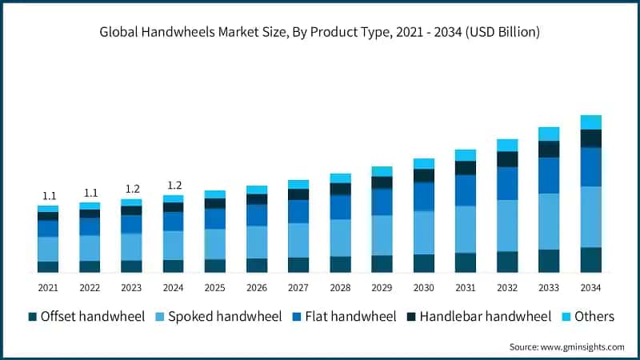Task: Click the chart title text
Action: [320, 33]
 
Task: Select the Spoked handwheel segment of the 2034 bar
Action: [591, 217]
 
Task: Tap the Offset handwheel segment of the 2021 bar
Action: [48, 266]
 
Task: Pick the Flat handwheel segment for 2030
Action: [424, 196]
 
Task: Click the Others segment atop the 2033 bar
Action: [549, 134]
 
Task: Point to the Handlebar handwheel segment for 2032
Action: [507, 159]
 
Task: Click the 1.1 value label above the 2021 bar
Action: [48, 196]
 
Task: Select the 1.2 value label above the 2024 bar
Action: [174, 186]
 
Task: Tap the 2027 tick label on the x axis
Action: [298, 287]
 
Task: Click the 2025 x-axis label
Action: [215, 287]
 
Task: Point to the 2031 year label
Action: [466, 287]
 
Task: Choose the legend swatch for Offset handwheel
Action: [33, 317]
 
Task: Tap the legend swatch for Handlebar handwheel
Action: [410, 317]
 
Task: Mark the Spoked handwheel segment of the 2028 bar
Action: [340, 238]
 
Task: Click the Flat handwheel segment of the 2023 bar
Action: [131, 224]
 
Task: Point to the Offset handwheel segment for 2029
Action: [382, 264]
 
